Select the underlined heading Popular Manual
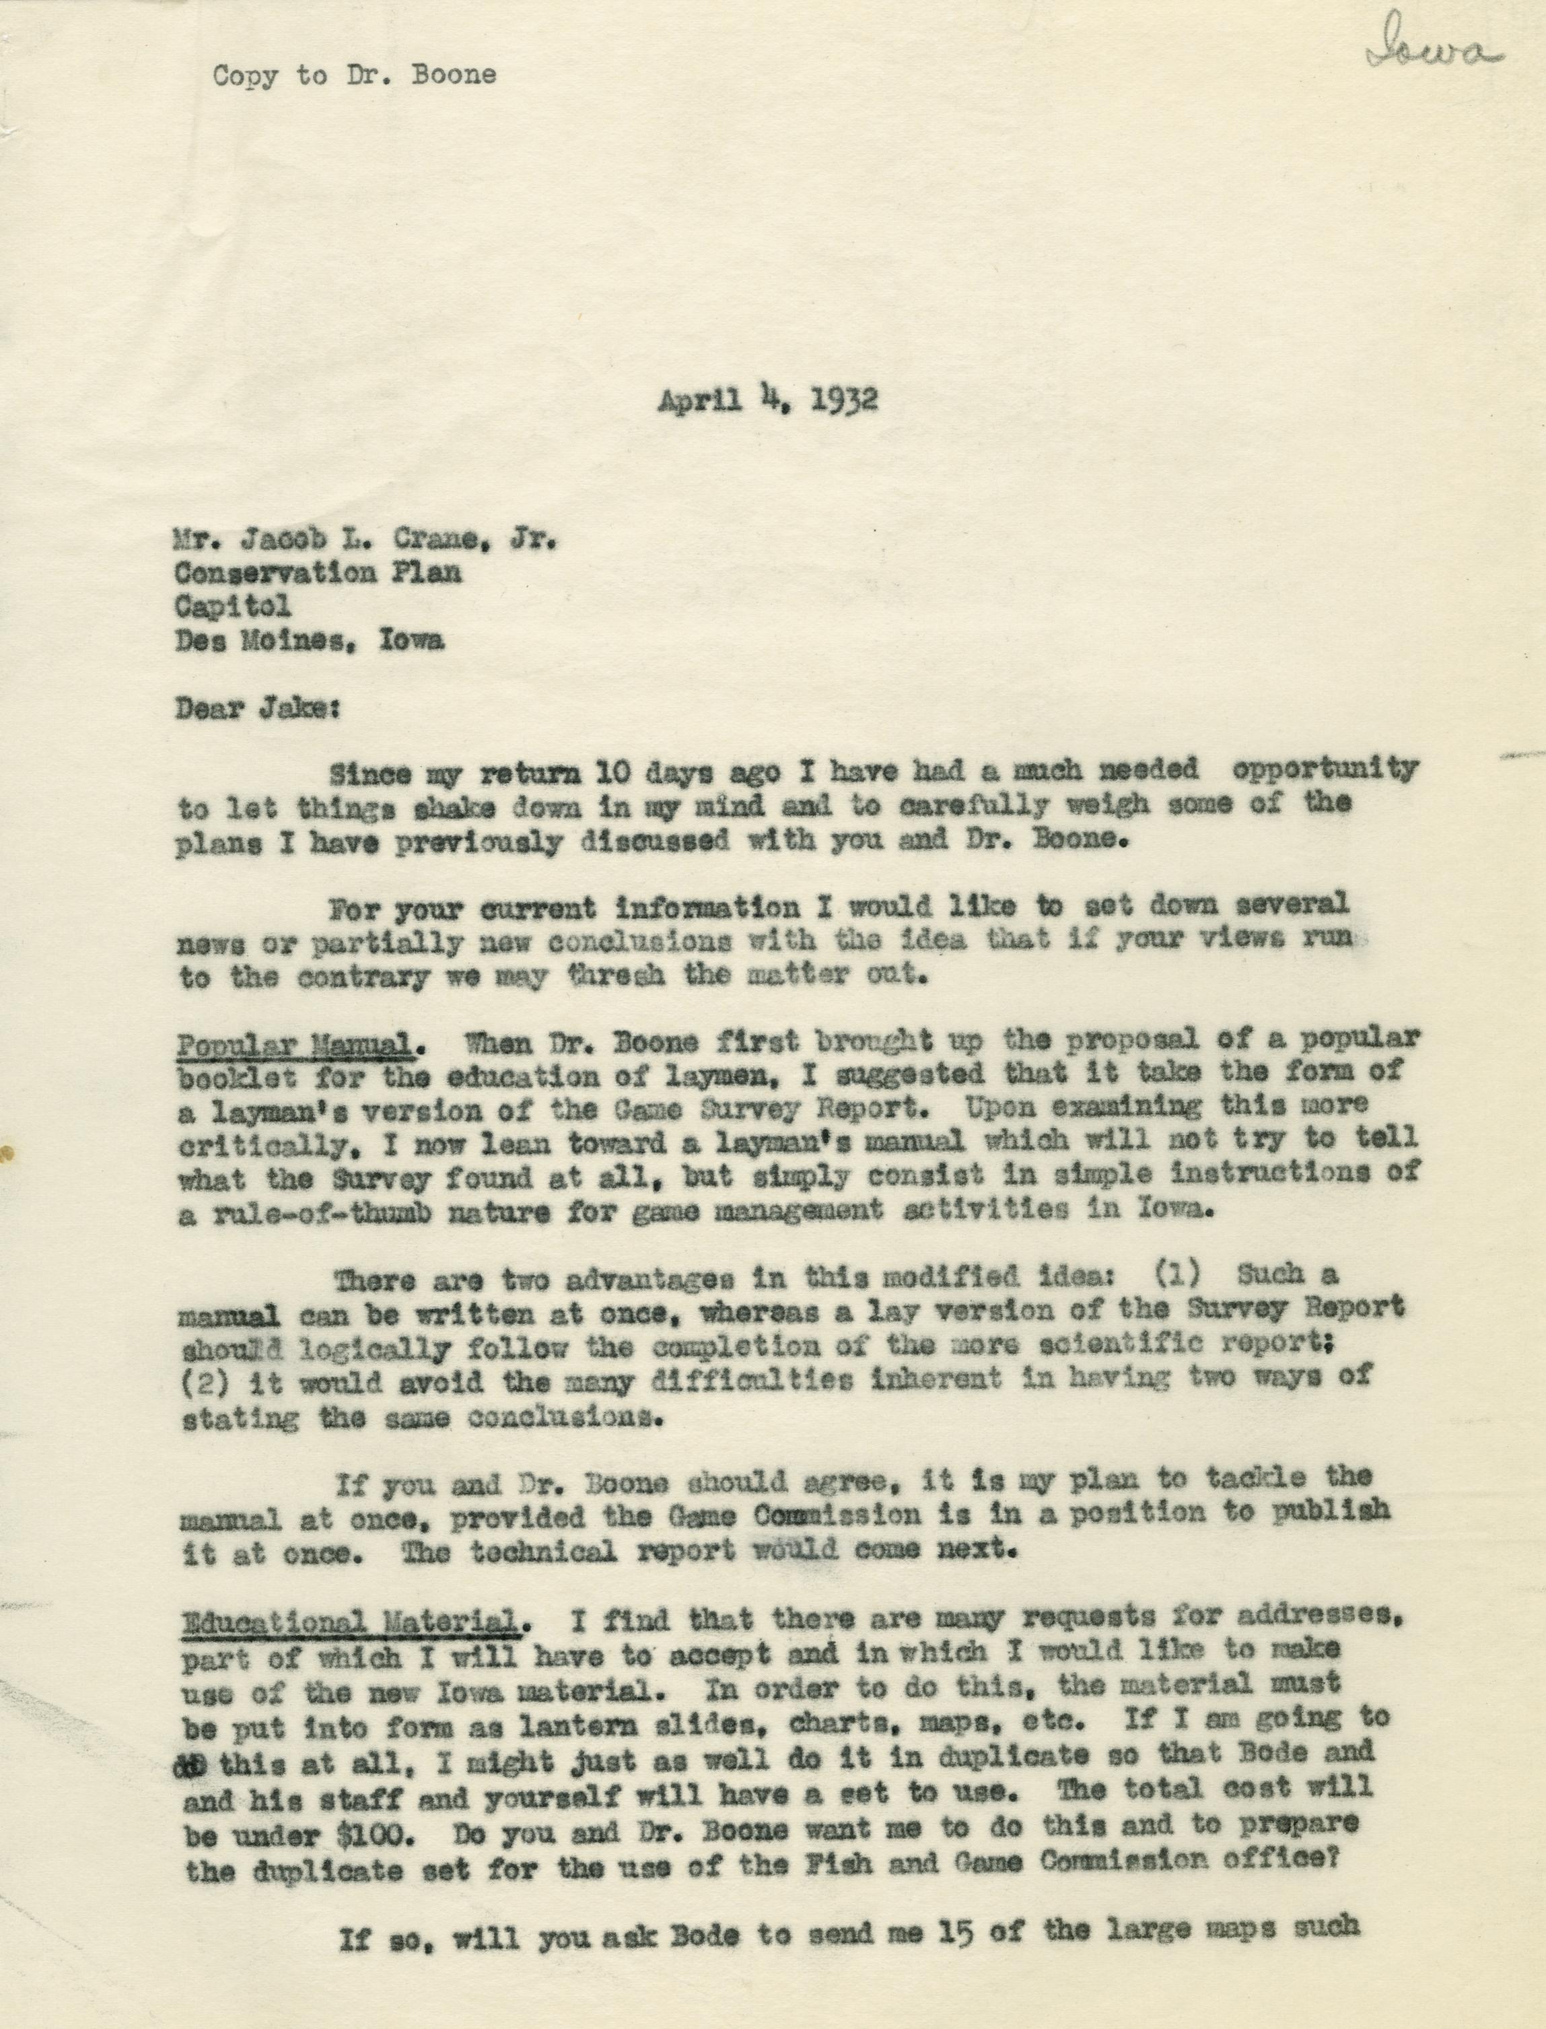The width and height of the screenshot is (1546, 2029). pos(293,1043)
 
